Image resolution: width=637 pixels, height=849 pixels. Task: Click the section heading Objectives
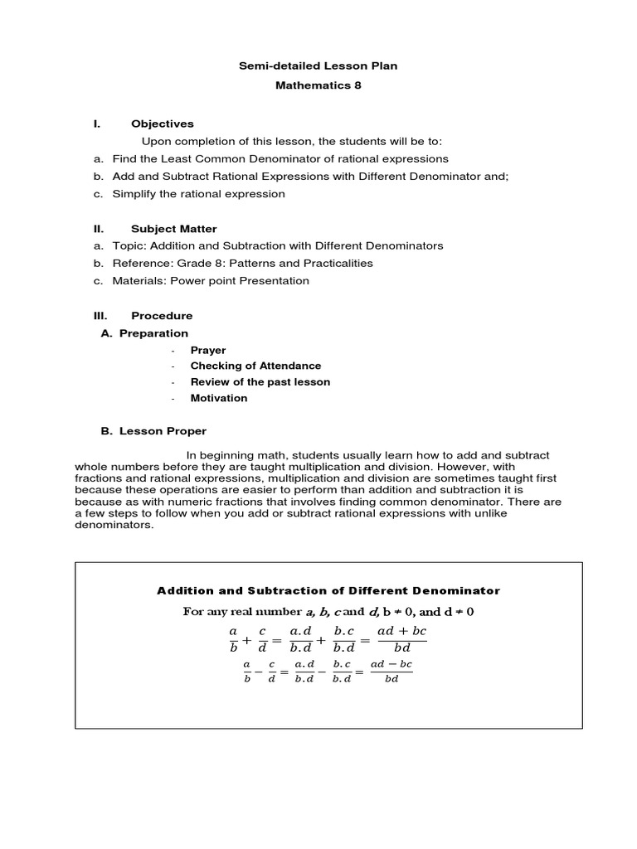(162, 124)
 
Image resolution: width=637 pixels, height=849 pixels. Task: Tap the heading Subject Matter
(173, 229)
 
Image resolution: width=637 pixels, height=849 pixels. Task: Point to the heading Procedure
(161, 316)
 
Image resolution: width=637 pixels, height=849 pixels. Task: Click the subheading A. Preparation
(144, 333)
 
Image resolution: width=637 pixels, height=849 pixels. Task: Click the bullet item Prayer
(207, 351)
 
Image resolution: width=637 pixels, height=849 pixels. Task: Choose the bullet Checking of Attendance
(255, 366)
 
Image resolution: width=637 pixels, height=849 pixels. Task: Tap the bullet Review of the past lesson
(260, 382)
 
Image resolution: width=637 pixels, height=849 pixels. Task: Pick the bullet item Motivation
(219, 398)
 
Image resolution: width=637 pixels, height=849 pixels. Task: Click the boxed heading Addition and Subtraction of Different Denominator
(328, 591)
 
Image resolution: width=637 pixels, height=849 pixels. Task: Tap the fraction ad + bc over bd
(401, 639)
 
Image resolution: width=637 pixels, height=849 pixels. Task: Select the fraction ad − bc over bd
(391, 672)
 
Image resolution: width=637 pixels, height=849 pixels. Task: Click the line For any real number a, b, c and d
(328, 613)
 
